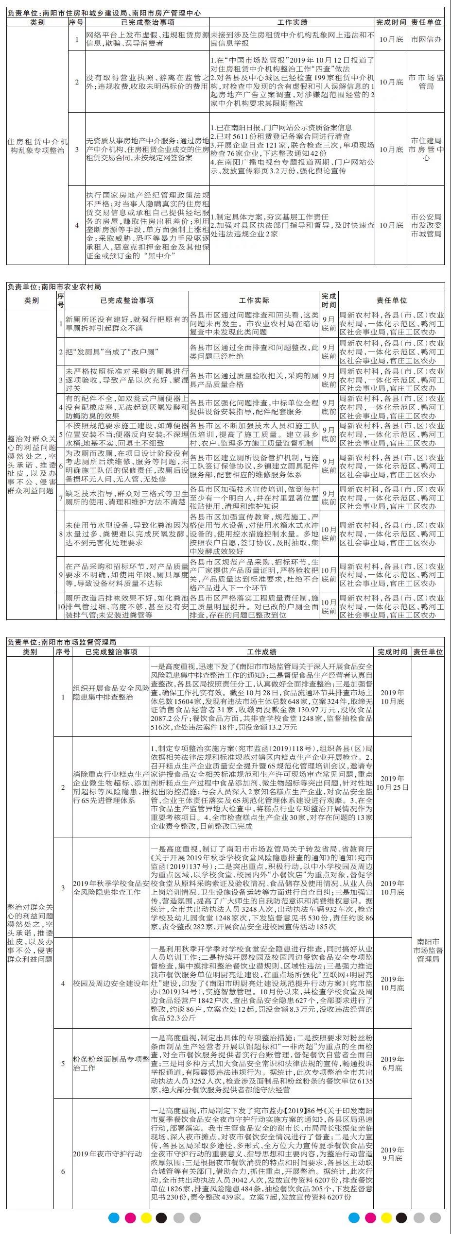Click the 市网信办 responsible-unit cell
pos(426,39)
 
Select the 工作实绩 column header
pos(292,22)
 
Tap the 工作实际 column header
pos(254,300)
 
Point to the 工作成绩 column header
pos(261,652)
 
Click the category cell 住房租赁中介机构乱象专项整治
pos(37,146)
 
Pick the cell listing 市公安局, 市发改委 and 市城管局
pos(426,225)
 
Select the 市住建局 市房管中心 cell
pos(426,149)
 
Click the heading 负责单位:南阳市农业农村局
pos(54,287)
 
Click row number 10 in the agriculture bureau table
pos(60,606)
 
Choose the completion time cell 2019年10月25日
pos(392,783)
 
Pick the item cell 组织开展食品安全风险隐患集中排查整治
pos(111,693)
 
